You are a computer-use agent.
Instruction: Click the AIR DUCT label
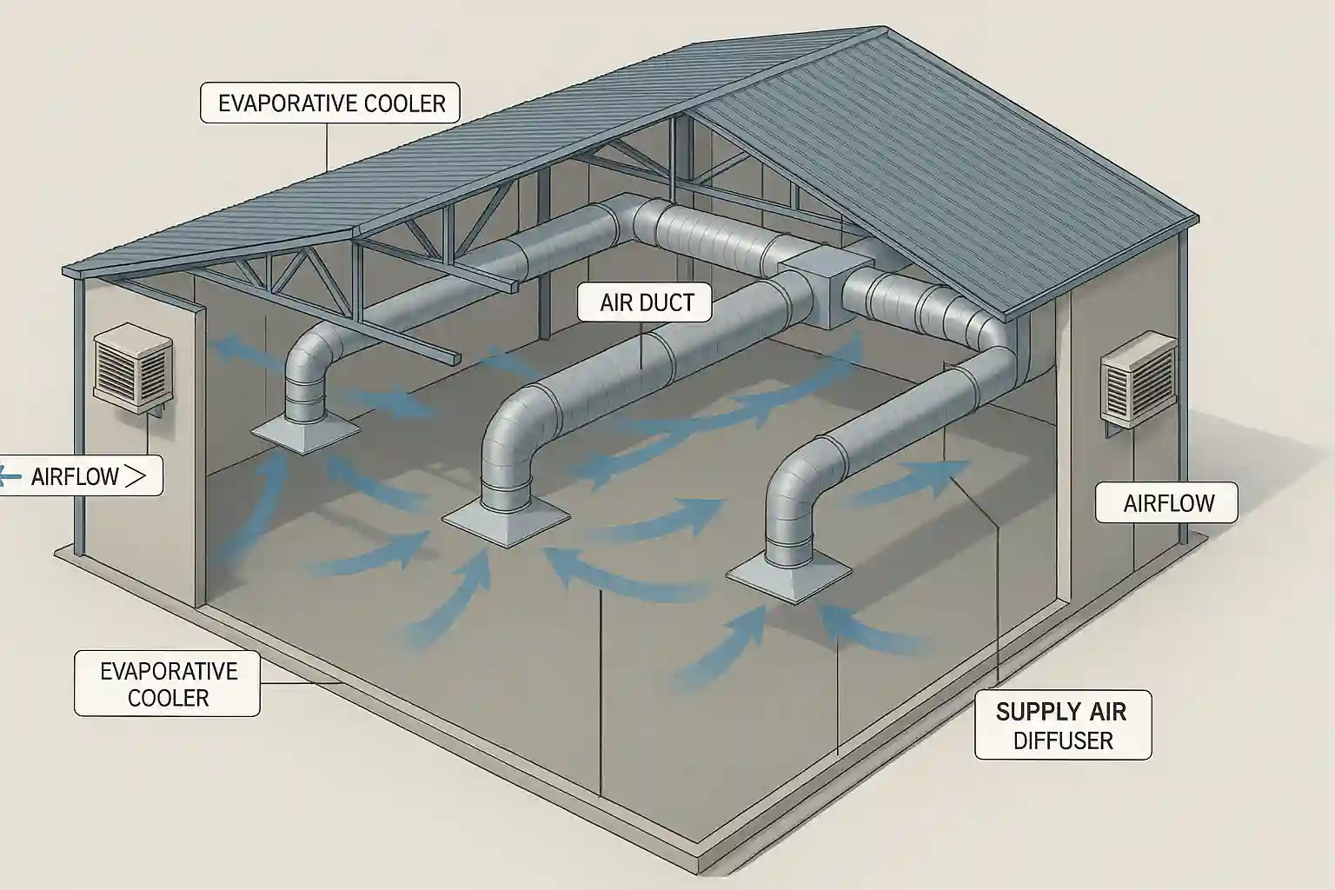coord(647,302)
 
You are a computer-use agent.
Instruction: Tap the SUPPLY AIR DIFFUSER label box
coord(1062,726)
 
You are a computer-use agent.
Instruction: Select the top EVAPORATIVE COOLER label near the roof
coord(330,103)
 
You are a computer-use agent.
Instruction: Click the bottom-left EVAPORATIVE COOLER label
coord(168,684)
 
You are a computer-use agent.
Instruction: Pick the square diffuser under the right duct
coord(788,574)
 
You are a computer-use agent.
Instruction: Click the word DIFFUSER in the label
coord(1063,741)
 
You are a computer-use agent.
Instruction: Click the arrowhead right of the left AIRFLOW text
coord(135,475)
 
